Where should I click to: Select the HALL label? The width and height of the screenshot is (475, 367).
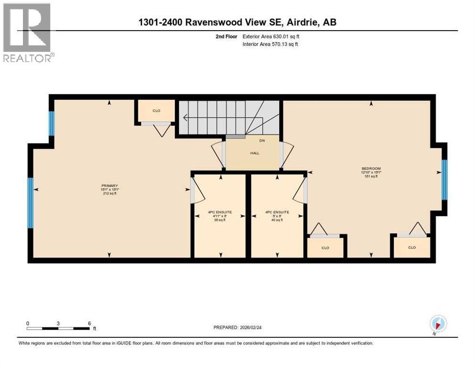click(x=254, y=153)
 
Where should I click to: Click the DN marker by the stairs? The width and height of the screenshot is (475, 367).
click(x=261, y=140)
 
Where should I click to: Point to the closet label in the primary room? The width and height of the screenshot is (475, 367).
click(x=156, y=111)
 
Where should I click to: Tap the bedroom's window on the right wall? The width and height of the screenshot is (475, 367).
click(x=444, y=180)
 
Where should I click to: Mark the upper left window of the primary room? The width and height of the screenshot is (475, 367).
click(x=52, y=123)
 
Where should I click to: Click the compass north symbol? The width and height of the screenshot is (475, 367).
click(x=438, y=324)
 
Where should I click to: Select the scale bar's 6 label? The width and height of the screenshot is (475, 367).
click(x=89, y=323)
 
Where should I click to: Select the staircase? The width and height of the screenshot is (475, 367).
click(x=228, y=117)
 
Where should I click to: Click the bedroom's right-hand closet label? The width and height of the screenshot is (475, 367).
click(x=411, y=248)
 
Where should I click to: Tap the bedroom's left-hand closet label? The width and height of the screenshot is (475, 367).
click(x=325, y=248)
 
